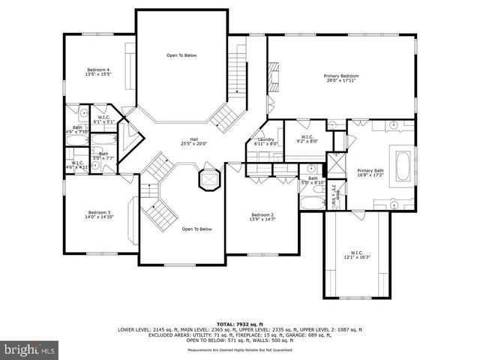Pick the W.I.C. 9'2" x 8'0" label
tap(308, 138)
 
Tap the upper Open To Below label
tap(181, 55)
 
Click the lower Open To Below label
tap(197, 229)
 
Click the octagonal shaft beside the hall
tap(207, 180)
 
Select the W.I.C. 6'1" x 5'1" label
tap(104, 118)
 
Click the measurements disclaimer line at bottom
tap(239, 349)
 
